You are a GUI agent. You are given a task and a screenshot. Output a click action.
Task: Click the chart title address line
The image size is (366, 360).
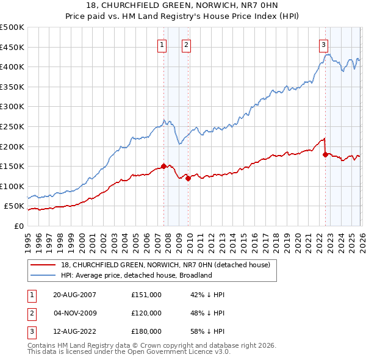(x=183, y=6)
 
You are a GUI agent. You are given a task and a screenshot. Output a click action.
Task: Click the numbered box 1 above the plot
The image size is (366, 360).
(x=162, y=44)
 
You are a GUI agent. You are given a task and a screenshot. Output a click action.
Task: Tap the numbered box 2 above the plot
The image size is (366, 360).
(x=185, y=44)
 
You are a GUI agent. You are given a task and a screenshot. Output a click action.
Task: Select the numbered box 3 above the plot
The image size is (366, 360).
(x=323, y=44)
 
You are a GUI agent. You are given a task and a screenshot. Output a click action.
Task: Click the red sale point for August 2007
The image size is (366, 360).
(x=163, y=165)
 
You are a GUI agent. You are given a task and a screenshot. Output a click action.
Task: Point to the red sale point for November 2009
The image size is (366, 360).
(x=188, y=178)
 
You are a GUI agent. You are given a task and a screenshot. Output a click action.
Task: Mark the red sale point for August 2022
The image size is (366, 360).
(x=325, y=154)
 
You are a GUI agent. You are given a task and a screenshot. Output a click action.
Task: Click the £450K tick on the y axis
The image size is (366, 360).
(x=12, y=47)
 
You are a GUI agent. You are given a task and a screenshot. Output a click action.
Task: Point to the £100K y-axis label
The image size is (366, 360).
(x=12, y=186)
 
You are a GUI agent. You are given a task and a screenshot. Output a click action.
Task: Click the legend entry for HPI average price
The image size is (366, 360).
(x=135, y=275)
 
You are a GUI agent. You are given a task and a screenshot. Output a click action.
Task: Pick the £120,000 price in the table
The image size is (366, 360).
(x=146, y=313)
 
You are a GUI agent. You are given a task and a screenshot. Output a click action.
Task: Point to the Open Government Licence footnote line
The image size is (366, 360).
(x=129, y=352)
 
